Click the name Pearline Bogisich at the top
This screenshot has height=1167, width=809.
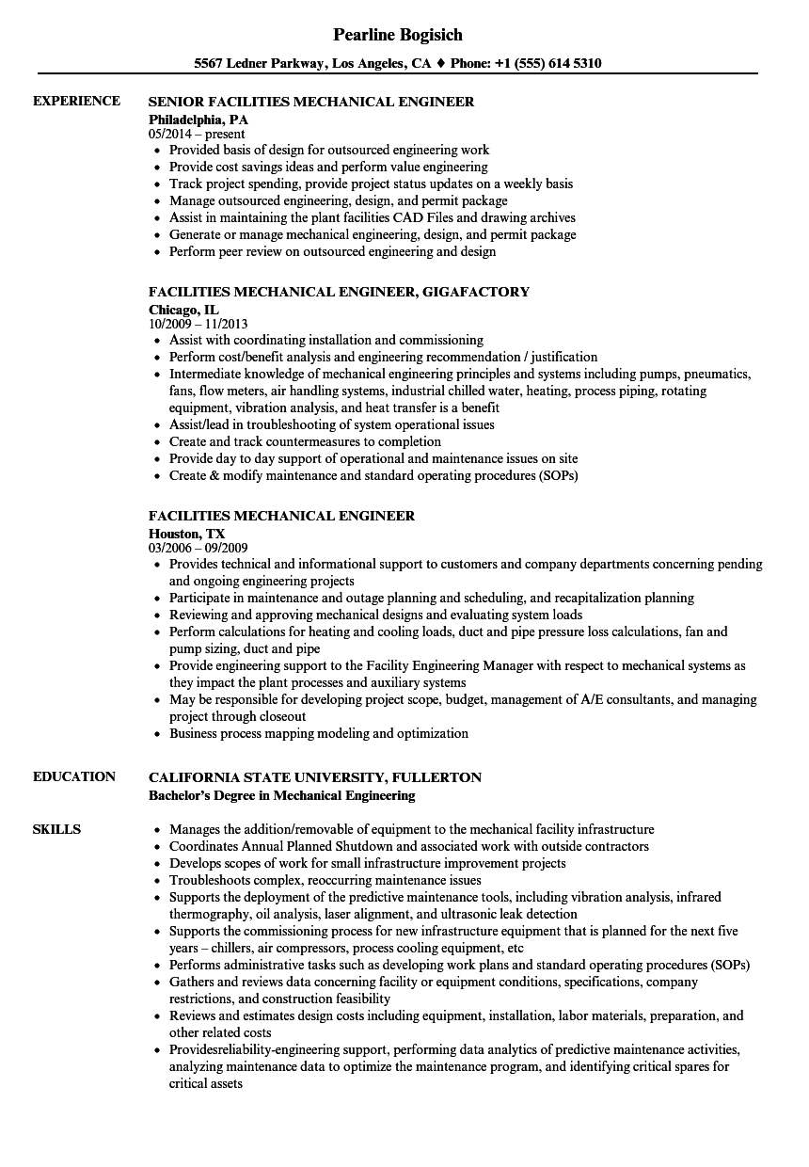[398, 35]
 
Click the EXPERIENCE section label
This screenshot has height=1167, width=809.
[76, 101]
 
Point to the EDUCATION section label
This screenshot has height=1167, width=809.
[74, 776]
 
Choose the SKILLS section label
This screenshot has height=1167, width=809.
[56, 829]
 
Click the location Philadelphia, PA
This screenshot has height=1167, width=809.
[198, 120]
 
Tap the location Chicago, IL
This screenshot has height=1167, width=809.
[183, 309]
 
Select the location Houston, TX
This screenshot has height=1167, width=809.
[187, 533]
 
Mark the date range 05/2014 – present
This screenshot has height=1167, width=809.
[197, 134]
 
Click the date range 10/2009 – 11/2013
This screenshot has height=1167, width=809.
[206, 323]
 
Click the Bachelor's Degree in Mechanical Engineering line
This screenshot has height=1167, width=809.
[281, 795]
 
